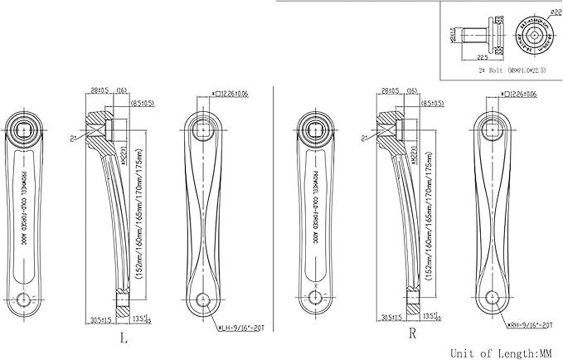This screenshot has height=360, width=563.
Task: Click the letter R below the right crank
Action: click(411, 334)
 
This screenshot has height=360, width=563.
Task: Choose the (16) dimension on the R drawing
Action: click(410, 90)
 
